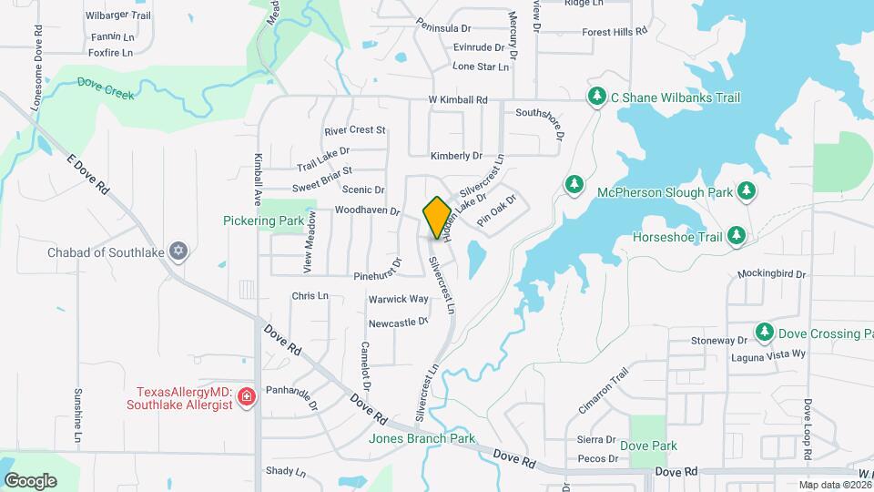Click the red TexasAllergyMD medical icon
(245, 396)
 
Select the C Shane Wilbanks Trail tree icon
(597, 97)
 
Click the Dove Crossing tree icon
(763, 333)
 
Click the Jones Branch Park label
(422, 438)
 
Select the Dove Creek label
(106, 88)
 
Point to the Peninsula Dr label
(447, 28)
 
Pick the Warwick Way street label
(398, 299)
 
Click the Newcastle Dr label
(398, 323)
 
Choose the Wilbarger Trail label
(117, 15)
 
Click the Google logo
(30, 480)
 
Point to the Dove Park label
(649, 446)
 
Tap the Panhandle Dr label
(291, 394)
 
